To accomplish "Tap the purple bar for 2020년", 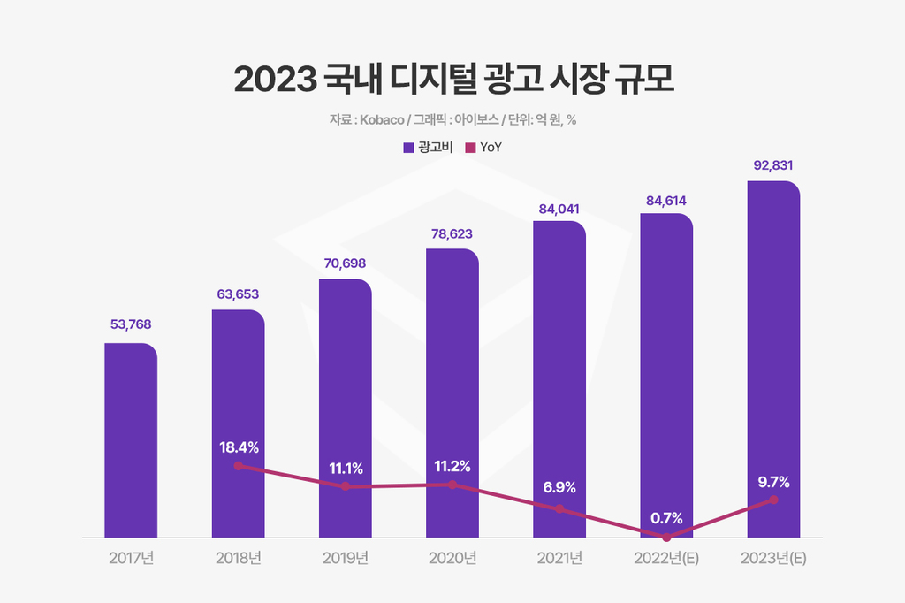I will pyautogui.click(x=452, y=371).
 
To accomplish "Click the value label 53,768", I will pyautogui.click(x=131, y=324).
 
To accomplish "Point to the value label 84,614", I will pyautogui.click(x=666, y=201).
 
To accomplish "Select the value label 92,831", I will pyautogui.click(x=773, y=165).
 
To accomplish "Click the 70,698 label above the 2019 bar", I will pyautogui.click(x=345, y=263).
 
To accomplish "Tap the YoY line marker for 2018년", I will pyautogui.click(x=238, y=465).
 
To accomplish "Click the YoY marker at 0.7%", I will pyautogui.click(x=666, y=537).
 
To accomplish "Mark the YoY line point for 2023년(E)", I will pyautogui.click(x=773, y=500).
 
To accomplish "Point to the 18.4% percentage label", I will pyautogui.click(x=239, y=447).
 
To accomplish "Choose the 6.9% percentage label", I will pyautogui.click(x=559, y=487).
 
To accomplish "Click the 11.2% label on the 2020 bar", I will pyautogui.click(x=452, y=466).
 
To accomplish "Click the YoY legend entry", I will pyautogui.click(x=484, y=148).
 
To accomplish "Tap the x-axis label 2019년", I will pyautogui.click(x=345, y=559).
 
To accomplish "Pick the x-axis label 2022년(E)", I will pyautogui.click(x=666, y=559).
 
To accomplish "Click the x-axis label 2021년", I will pyautogui.click(x=559, y=559).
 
